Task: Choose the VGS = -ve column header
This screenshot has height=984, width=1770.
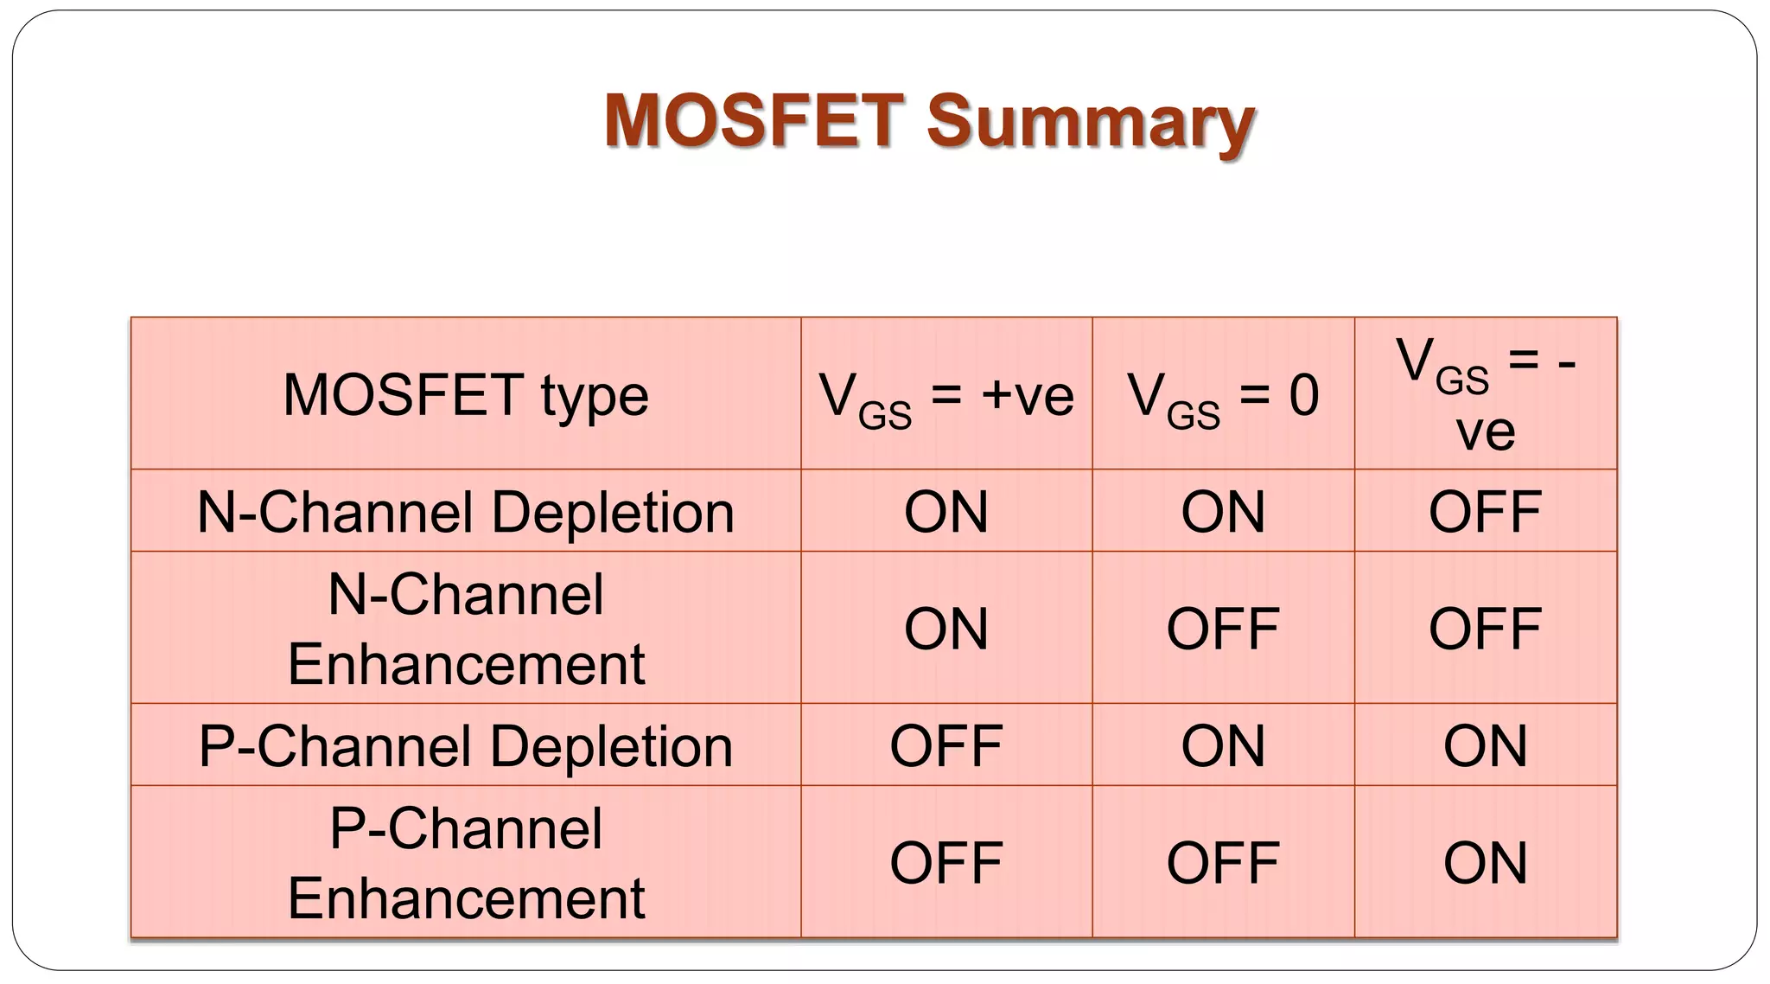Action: point(1485,394)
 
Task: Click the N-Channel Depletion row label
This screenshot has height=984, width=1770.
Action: point(465,512)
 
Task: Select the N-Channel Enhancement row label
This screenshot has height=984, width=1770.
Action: point(465,629)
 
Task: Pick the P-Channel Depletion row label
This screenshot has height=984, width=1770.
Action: point(465,746)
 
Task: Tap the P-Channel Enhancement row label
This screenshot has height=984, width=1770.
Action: point(465,863)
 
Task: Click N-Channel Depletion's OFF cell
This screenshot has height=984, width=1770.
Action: point(1485,512)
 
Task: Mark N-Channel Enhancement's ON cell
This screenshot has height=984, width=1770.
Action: point(945,629)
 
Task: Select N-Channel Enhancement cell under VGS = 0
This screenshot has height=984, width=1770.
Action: point(1222,629)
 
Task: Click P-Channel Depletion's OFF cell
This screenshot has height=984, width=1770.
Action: point(945,746)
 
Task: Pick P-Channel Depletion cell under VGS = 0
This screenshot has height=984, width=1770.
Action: point(1222,746)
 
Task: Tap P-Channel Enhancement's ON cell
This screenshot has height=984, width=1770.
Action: point(1485,863)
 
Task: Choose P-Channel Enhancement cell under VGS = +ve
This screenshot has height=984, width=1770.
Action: point(945,863)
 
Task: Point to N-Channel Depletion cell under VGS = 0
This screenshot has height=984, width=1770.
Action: point(1222,512)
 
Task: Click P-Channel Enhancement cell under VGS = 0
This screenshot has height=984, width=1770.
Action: point(1222,863)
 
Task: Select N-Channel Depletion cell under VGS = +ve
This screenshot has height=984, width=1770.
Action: point(945,512)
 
